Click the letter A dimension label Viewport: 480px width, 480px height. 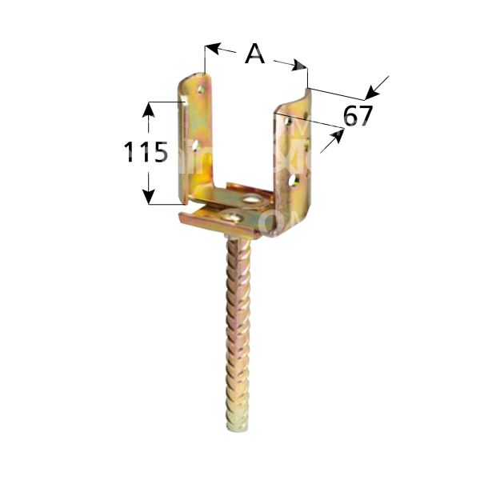pos(254,54)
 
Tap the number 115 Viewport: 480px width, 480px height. pos(146,151)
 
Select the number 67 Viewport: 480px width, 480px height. pos(358,116)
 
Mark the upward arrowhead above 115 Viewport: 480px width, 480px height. pos(147,107)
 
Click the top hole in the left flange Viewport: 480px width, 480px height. pos(199,93)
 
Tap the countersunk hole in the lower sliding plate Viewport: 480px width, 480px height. pos(235,214)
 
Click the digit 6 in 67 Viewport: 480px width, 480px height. pos(349,116)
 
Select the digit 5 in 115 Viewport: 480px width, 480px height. pos(159,151)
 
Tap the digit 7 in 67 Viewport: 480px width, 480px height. pos(366,116)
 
